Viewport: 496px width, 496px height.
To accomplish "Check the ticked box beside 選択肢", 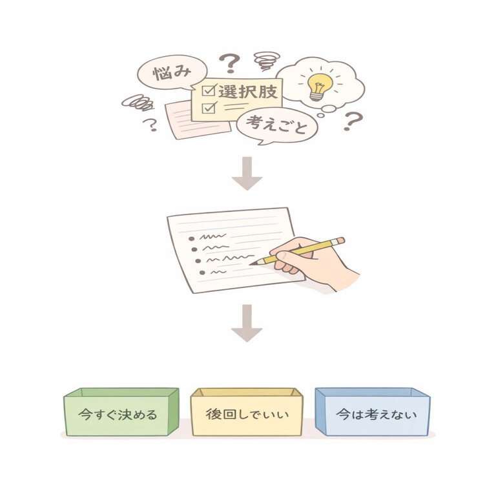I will point(208,90).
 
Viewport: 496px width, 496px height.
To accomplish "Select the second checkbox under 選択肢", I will point(208,107).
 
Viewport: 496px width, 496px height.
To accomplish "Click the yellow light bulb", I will point(318,85).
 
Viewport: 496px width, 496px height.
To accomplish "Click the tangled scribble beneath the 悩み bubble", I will point(137,101).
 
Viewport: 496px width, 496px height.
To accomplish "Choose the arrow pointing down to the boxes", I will point(247,323).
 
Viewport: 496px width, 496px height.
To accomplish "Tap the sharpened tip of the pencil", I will point(253,263).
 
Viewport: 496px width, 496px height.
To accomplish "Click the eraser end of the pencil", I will point(340,241).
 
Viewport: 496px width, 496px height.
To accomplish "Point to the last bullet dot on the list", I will point(203,274).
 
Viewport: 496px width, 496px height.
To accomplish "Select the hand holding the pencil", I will point(316,262).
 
